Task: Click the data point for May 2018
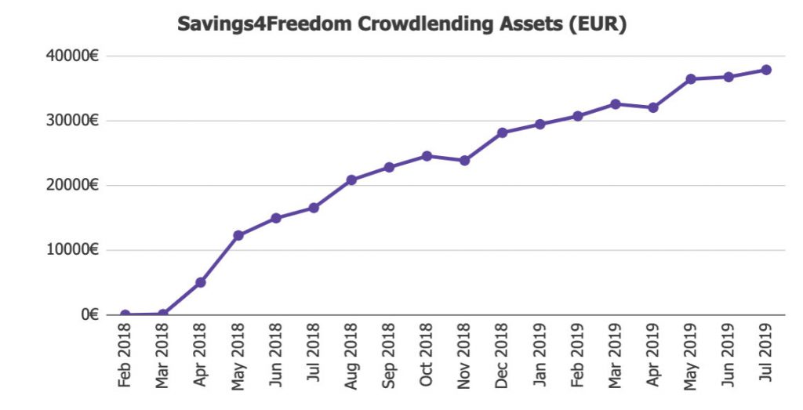point(238,235)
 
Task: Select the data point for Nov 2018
point(464,161)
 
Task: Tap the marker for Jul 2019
point(766,70)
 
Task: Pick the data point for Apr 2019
point(652,107)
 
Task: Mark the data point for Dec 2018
point(502,132)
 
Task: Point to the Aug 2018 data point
point(351,180)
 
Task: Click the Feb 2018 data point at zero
point(125,314)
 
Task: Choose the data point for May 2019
point(691,79)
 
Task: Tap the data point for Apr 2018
point(201,282)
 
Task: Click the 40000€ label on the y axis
point(71,56)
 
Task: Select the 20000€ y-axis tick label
point(71,186)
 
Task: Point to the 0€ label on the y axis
point(89,314)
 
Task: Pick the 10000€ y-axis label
point(71,250)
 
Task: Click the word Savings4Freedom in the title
point(265,24)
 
